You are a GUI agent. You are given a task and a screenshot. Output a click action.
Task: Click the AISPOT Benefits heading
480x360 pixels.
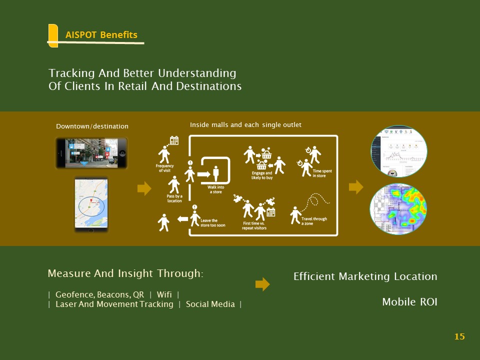coord(101,35)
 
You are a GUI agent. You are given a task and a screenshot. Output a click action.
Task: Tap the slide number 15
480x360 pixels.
coord(459,336)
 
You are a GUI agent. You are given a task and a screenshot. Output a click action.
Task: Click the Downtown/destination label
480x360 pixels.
coord(92,126)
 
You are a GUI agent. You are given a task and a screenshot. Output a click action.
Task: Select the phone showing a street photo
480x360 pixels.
coord(91,153)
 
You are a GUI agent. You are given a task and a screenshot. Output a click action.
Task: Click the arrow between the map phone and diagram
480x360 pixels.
coord(144,188)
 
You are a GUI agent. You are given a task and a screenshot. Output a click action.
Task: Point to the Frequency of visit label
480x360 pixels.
coord(164,168)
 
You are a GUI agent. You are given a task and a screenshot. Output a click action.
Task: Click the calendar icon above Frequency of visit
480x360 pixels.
coord(174,140)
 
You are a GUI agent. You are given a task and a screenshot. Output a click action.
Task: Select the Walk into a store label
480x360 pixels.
coord(215,189)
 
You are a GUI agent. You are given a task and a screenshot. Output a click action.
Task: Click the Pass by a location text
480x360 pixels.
coord(174,198)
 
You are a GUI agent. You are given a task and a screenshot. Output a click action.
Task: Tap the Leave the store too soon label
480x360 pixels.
coord(212,222)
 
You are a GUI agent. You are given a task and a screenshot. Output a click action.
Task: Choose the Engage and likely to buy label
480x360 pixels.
coord(262,175)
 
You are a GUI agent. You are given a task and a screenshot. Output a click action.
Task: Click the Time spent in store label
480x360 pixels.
coord(322,173)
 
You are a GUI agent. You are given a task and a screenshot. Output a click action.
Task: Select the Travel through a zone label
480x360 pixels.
coord(314,221)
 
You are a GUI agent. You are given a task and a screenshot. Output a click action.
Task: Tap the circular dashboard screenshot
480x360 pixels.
coord(398,151)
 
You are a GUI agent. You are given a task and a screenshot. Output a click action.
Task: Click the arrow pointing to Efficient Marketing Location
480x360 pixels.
coord(262,284)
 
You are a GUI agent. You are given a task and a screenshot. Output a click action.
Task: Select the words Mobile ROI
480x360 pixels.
coord(409,302)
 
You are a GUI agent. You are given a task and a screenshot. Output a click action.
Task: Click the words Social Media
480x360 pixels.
coord(210,304)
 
